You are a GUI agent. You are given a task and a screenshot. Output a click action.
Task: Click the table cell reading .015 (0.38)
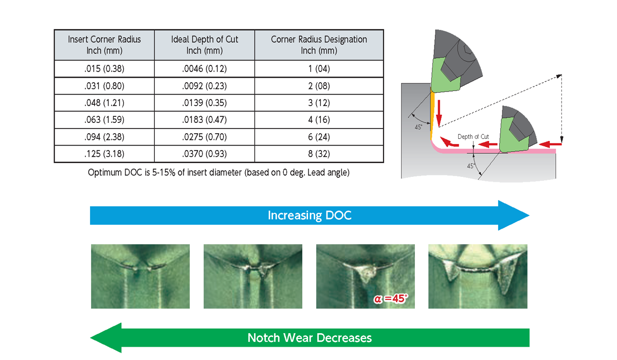click(104, 68)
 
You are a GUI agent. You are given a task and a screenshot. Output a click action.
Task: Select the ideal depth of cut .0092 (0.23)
click(205, 86)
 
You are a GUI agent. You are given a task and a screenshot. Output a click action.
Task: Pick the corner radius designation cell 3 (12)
click(319, 103)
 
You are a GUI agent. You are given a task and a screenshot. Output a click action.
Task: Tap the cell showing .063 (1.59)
click(104, 120)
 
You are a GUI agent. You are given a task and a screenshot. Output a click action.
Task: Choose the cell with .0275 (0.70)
click(205, 137)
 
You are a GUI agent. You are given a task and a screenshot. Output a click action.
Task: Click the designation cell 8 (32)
click(319, 154)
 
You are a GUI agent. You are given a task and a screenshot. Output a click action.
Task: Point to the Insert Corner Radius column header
click(104, 45)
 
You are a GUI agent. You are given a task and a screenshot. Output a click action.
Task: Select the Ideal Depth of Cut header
click(205, 45)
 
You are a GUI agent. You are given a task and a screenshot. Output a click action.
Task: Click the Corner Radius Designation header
click(319, 45)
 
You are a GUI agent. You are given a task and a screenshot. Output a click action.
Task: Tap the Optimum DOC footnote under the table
click(219, 173)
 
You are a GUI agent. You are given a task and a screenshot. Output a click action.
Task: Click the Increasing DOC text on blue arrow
click(310, 215)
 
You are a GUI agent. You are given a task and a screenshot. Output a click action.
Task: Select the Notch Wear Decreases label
click(310, 338)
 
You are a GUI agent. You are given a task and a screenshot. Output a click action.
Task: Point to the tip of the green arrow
click(91, 338)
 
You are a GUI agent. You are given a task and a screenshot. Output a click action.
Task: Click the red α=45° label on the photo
click(391, 299)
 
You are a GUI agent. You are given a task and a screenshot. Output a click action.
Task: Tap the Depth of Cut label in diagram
click(473, 137)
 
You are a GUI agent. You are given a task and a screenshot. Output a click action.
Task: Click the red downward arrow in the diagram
click(439, 114)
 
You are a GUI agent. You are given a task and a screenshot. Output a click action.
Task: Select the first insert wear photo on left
click(140, 276)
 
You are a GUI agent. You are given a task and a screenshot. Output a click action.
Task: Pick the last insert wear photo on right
click(478, 276)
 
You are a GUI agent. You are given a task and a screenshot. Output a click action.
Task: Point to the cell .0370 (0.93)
click(205, 154)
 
